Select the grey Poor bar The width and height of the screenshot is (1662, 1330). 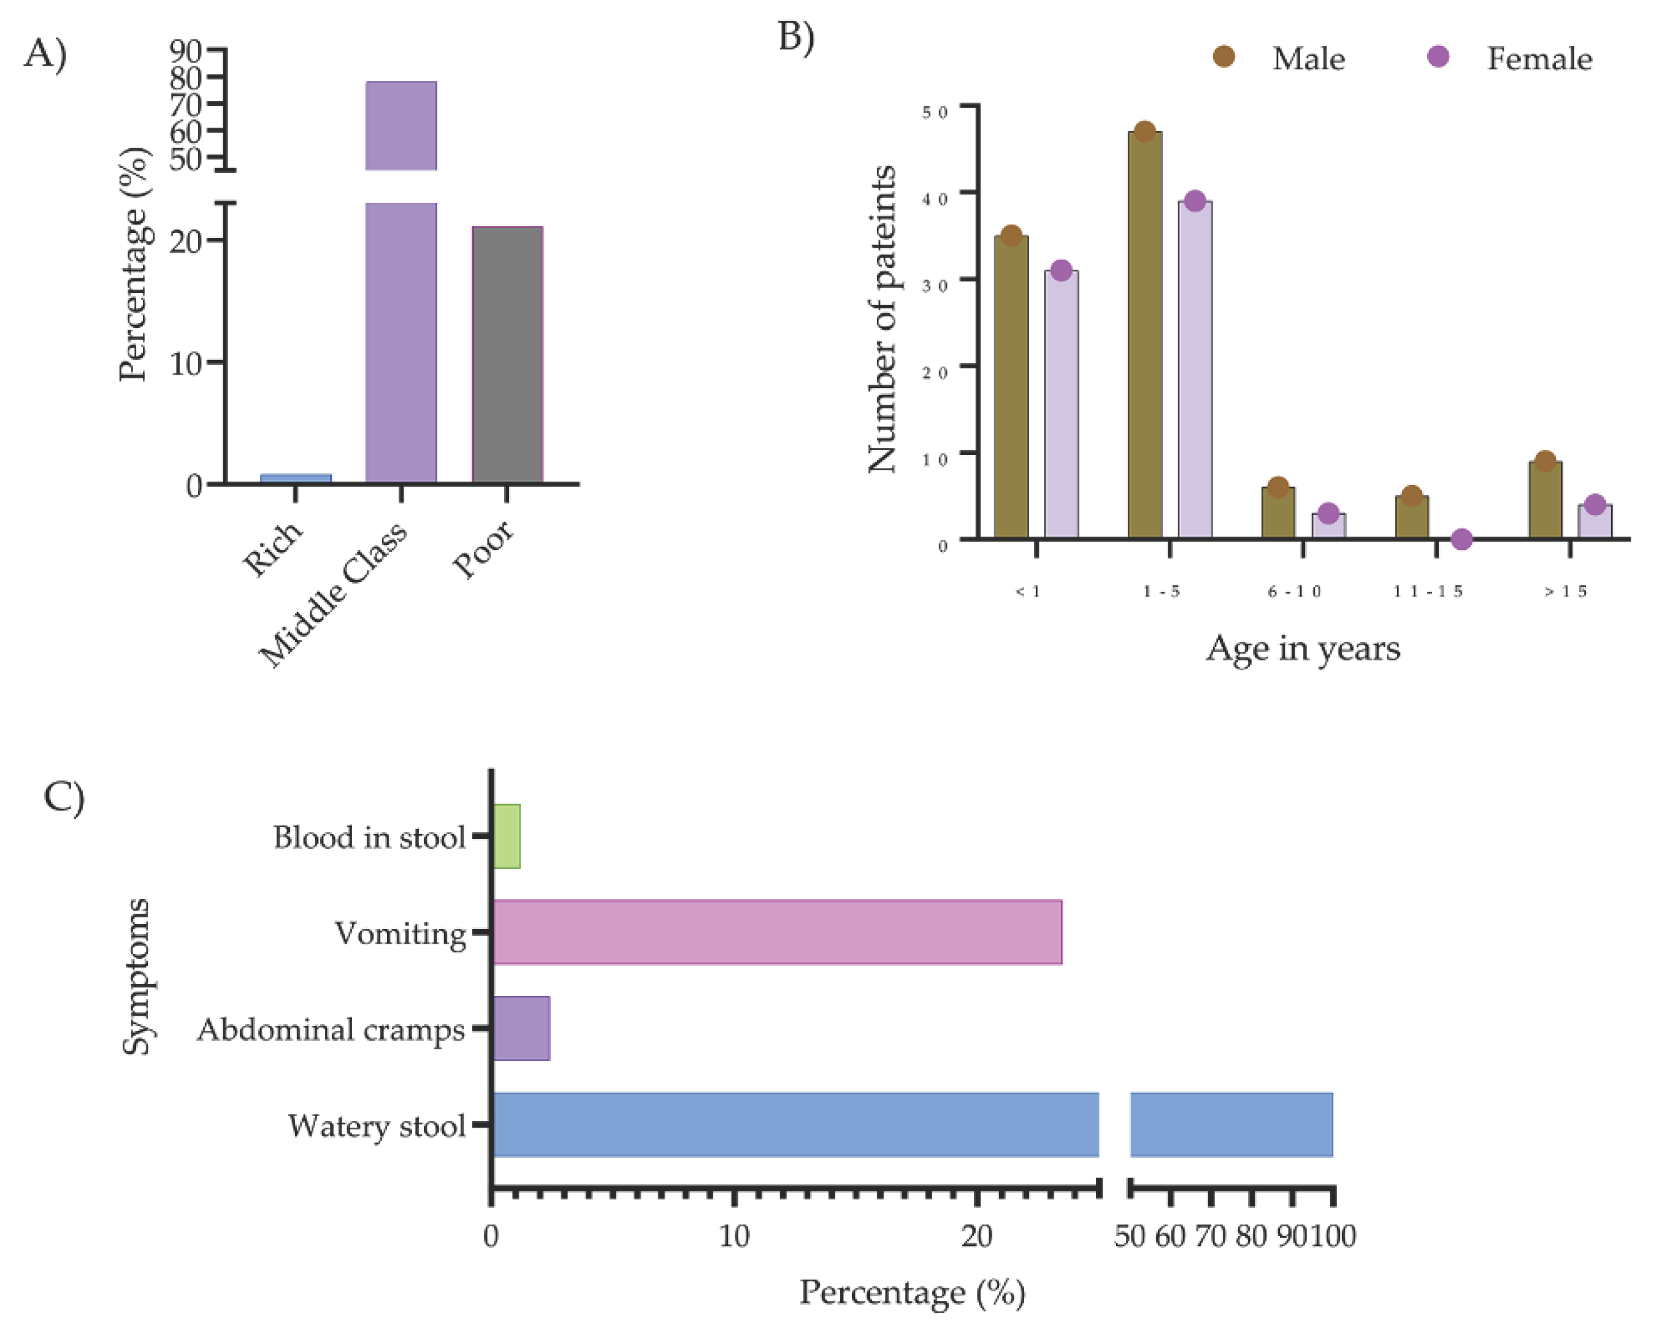tap(507, 354)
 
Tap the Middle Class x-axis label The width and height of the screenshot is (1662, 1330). tap(333, 594)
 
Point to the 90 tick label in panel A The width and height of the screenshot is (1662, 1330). tap(185, 51)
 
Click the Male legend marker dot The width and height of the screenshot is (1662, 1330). tap(1224, 56)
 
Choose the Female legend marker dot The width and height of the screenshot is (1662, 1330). tap(1438, 56)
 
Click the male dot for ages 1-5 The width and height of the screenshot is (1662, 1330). tap(1145, 132)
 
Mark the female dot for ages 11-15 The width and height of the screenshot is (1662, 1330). tap(1461, 540)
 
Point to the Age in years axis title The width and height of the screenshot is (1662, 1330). tap(1303, 649)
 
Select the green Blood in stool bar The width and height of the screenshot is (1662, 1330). tap(507, 836)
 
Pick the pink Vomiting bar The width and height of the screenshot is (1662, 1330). tap(777, 931)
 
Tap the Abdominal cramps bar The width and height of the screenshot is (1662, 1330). tap(521, 1028)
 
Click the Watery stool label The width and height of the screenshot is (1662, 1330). tap(377, 1126)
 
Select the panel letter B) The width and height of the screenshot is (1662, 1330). tap(796, 37)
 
